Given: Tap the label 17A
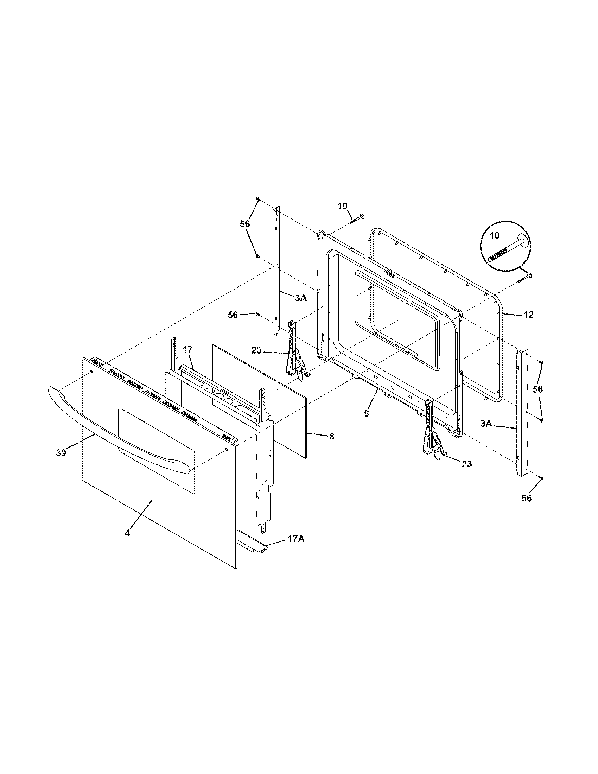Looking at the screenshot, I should point(296,548).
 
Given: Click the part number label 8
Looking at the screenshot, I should point(331,437).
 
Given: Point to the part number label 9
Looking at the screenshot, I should point(366,413).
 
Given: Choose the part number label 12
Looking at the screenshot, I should point(528,315).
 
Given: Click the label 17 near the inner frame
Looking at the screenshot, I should point(187,350).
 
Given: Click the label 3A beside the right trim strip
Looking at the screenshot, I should point(486,423).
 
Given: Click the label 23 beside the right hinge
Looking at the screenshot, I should point(467,464).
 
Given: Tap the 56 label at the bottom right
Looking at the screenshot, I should point(527,498).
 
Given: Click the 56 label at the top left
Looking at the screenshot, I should point(245,224).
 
